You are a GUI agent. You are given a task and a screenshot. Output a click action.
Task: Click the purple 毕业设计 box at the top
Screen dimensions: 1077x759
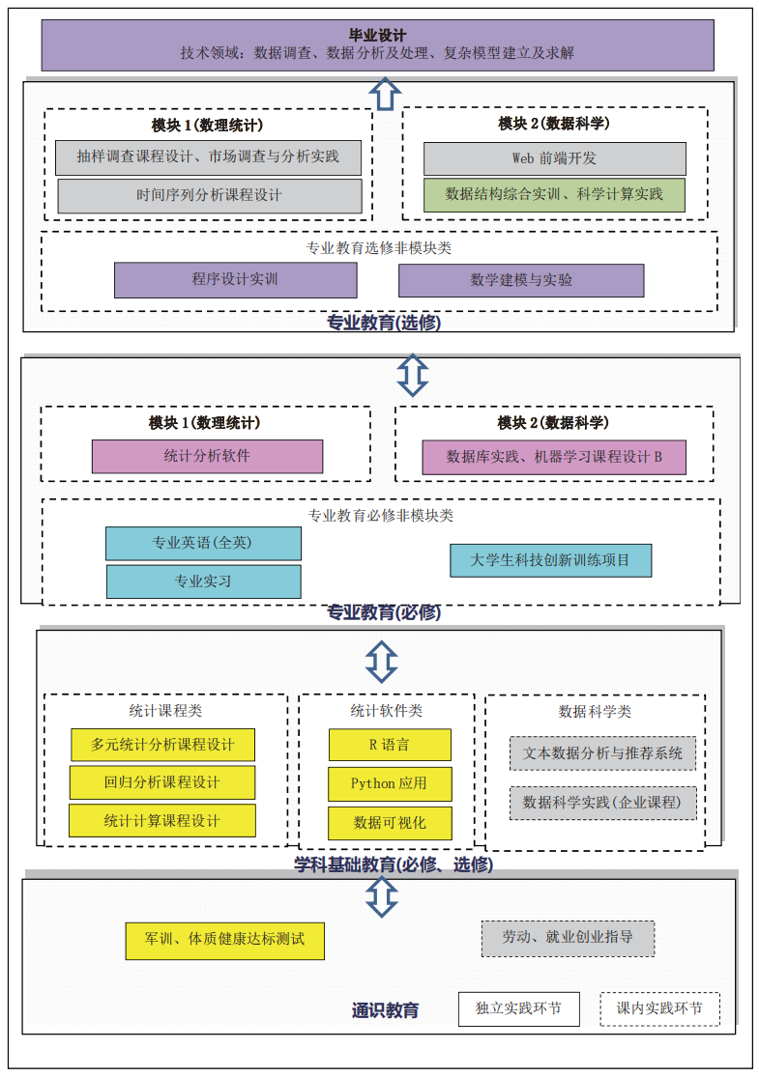(377, 44)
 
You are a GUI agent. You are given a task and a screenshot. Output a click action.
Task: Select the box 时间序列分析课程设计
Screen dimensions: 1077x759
(210, 195)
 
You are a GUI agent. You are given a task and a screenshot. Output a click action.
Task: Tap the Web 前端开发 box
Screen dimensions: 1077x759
(554, 158)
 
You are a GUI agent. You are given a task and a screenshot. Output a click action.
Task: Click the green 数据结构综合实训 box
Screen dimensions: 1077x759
(554, 194)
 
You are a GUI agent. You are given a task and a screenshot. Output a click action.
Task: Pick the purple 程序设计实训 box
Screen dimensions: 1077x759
(235, 280)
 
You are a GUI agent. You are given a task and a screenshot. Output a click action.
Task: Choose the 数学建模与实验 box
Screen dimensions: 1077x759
(521, 280)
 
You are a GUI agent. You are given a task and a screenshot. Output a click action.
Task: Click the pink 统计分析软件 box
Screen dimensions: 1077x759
(207, 456)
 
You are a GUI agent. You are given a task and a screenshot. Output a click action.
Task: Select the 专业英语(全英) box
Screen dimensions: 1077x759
(203, 543)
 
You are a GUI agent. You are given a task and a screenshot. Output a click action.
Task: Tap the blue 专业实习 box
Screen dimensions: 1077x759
(203, 581)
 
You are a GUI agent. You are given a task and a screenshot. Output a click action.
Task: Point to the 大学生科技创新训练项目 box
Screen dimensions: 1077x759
(550, 560)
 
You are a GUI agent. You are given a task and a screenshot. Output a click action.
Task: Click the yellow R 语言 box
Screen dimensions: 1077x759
(390, 745)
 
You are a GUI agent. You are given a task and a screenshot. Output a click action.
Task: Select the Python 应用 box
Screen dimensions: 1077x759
(390, 783)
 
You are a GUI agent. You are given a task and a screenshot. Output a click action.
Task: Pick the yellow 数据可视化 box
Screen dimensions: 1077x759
(390, 822)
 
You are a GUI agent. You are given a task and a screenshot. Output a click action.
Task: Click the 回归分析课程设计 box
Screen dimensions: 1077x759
(162, 782)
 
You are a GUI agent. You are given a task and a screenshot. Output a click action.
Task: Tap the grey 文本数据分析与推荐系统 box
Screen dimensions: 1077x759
(602, 753)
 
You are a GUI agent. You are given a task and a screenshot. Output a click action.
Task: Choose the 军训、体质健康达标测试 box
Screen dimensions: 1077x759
(224, 939)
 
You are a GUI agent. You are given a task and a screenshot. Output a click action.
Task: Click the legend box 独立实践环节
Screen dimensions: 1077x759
(518, 1008)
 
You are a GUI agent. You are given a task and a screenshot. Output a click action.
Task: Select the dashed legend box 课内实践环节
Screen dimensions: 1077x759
(659, 1008)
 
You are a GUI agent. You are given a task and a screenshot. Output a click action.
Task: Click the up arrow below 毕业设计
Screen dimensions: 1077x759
(385, 94)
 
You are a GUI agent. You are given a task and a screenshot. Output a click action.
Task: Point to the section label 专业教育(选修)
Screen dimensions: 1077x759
(384, 324)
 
